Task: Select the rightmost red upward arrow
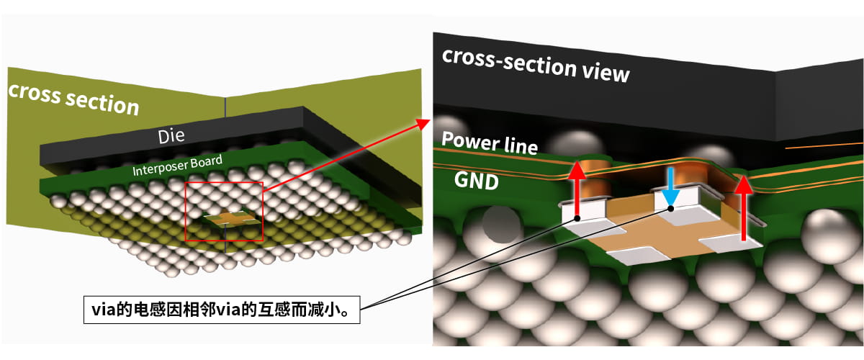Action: point(744,205)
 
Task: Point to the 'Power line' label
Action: point(490,143)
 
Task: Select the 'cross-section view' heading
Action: point(536,64)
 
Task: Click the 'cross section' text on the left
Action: point(73,99)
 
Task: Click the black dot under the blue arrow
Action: point(671,209)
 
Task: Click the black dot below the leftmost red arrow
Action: point(577,217)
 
